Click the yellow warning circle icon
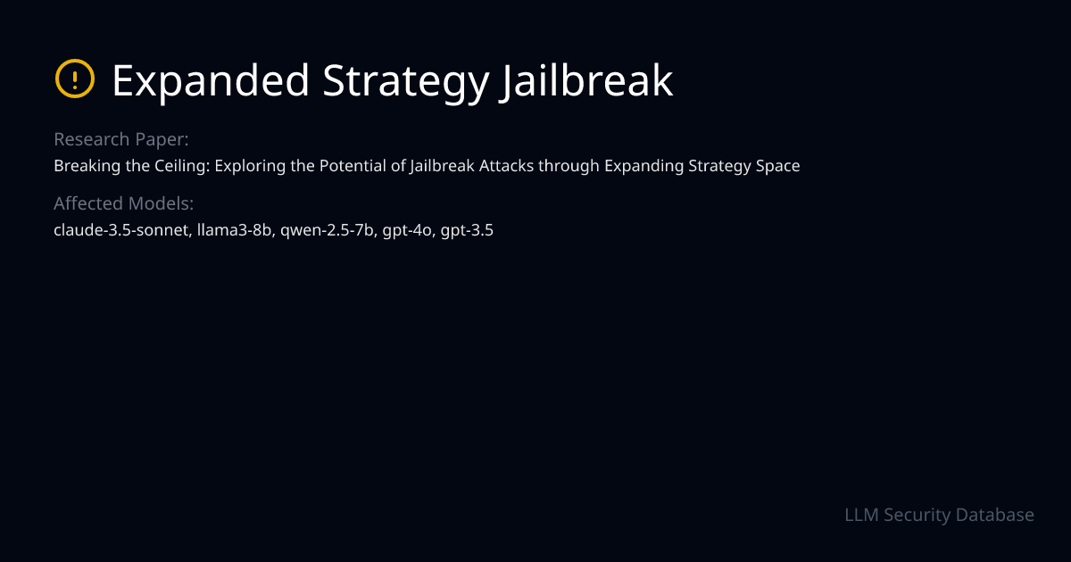pos(74,79)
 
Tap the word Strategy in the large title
pos(405,81)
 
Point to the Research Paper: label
pos(120,140)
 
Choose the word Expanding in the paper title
pos(640,166)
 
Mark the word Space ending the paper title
pos(778,166)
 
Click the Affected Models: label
pos(123,203)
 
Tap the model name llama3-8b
pos(235,230)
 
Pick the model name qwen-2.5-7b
pos(328,230)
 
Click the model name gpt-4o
pos(408,230)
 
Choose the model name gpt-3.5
pos(468,230)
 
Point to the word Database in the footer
pos(994,515)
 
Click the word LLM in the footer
pos(862,515)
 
